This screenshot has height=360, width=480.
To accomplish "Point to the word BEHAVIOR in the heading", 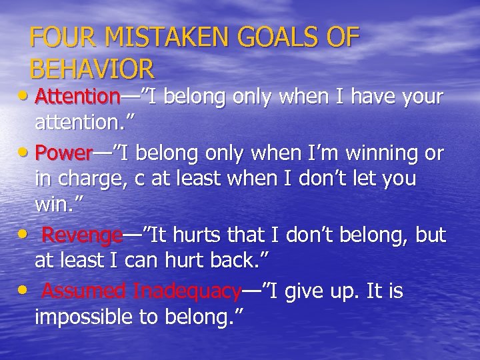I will tap(93, 68).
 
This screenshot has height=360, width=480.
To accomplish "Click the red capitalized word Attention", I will tap(77, 97).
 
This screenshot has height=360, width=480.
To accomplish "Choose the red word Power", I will tap(63, 154).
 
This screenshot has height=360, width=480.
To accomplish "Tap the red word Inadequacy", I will tap(187, 291).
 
